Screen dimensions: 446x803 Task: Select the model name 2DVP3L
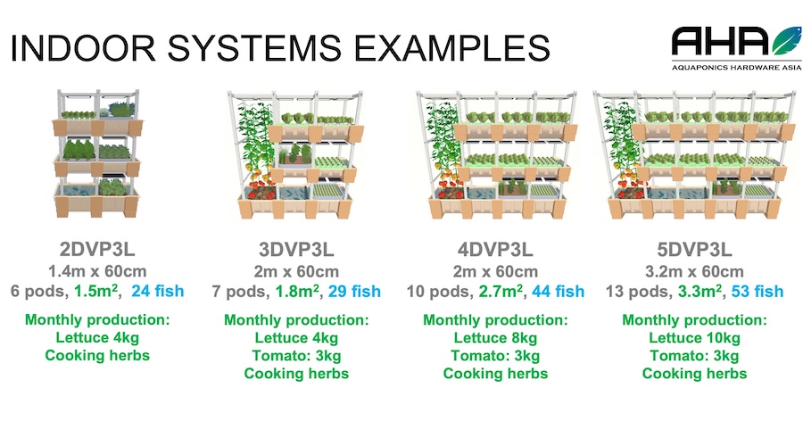[98, 249]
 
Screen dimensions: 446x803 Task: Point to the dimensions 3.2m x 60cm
[694, 271]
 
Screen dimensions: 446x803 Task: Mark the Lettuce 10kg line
[694, 338]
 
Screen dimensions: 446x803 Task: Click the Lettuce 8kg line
[495, 338]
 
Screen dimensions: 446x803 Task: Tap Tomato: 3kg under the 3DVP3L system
[296, 356]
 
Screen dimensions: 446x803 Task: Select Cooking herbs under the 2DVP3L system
[98, 356]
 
